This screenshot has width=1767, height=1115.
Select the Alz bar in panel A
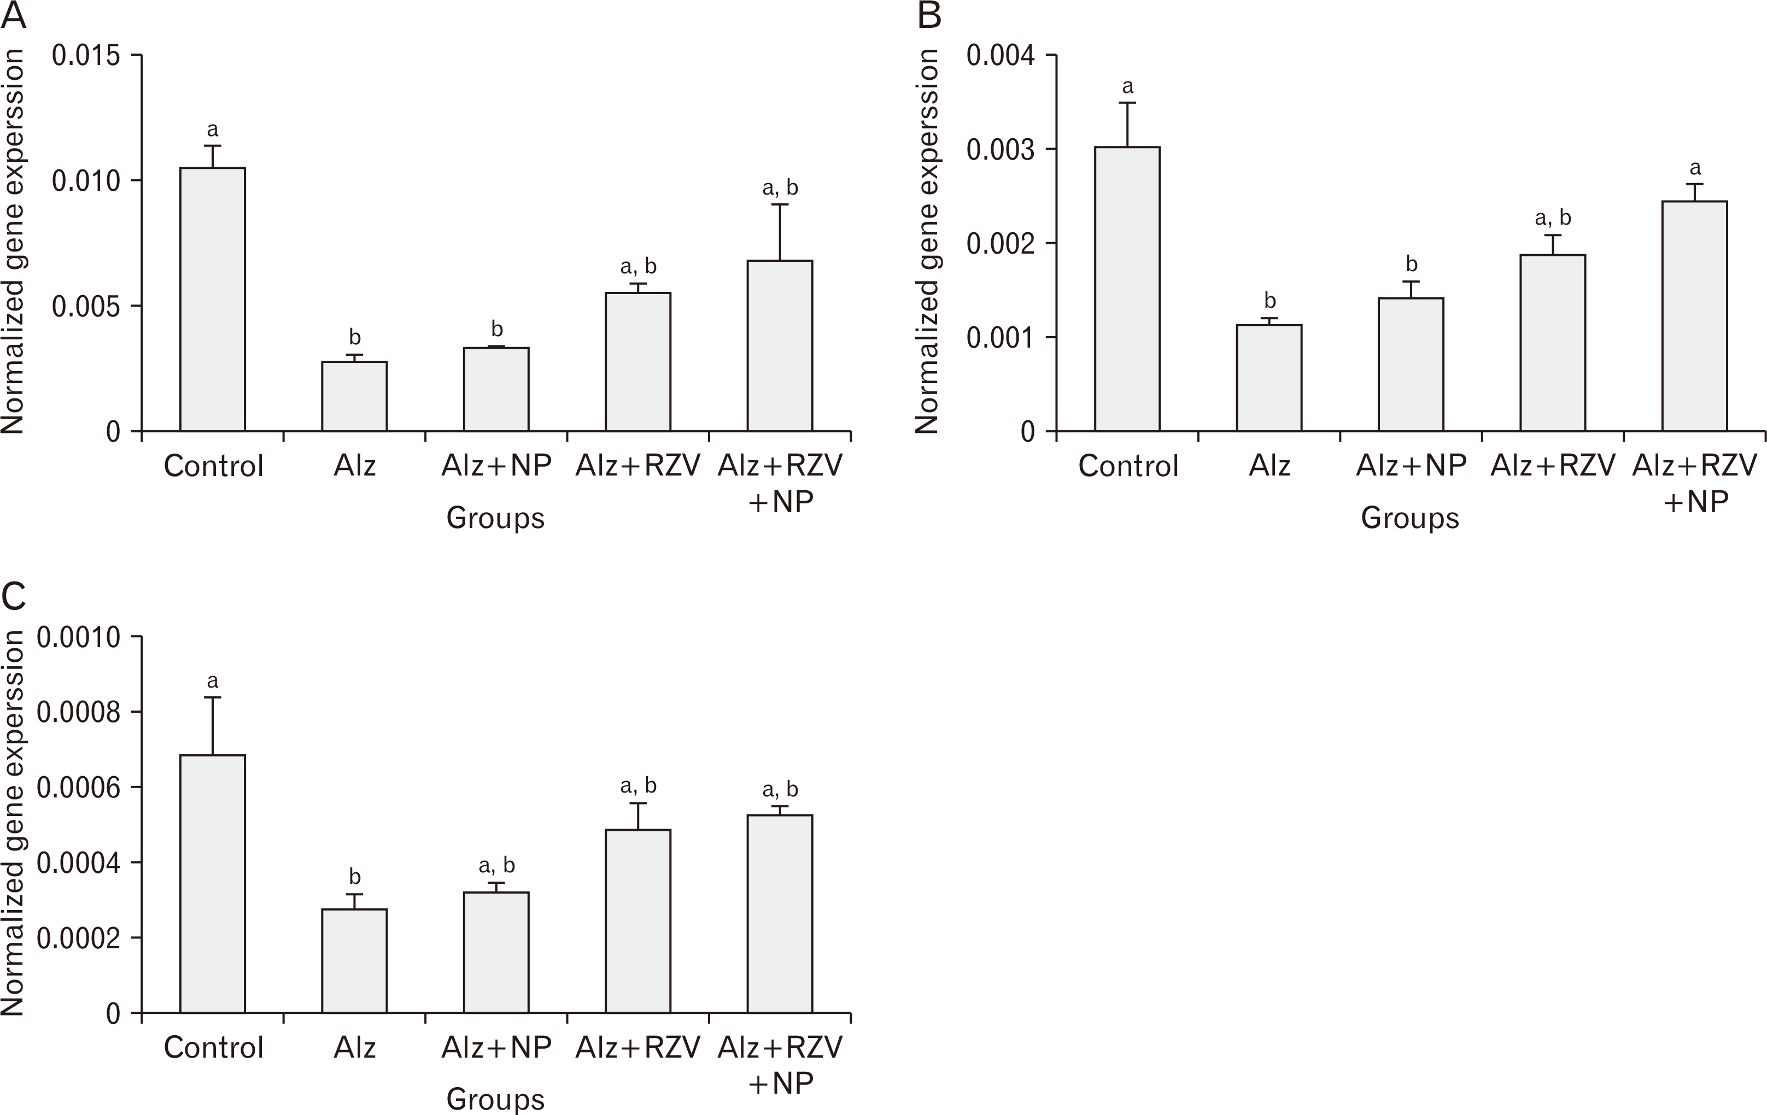click(354, 396)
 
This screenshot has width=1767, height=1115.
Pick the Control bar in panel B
click(1127, 289)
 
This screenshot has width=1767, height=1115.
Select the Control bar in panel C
click(213, 884)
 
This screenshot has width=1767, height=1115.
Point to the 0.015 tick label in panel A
click(86, 56)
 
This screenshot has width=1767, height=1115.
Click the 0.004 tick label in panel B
click(1001, 56)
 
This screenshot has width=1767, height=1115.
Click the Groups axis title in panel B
click(1409, 518)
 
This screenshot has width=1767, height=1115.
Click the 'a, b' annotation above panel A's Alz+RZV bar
click(637, 266)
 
